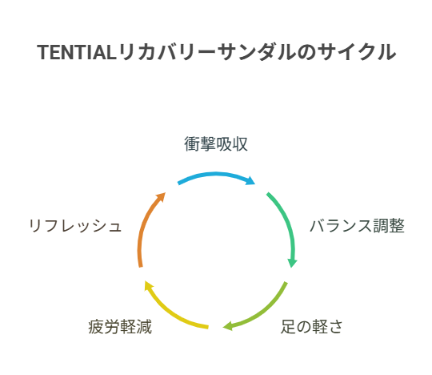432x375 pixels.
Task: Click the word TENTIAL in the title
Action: [76, 52]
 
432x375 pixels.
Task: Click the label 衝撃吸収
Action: [216, 143]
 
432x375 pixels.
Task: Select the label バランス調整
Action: [358, 226]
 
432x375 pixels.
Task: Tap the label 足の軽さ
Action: [312, 327]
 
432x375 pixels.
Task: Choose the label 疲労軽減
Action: [120, 327]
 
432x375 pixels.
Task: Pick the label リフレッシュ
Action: [75, 226]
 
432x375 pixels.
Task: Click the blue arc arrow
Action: [216, 174]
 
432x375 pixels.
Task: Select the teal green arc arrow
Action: [286, 224]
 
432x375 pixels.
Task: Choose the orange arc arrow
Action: [144, 225]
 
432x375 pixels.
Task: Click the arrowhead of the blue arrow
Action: [251, 180]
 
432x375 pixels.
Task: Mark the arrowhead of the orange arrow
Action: [161, 197]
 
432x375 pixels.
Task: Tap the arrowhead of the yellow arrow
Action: [148, 285]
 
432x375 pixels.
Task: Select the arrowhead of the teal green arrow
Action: [292, 263]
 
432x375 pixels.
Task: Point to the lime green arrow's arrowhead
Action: [227, 326]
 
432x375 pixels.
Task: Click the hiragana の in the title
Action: [306, 52]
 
